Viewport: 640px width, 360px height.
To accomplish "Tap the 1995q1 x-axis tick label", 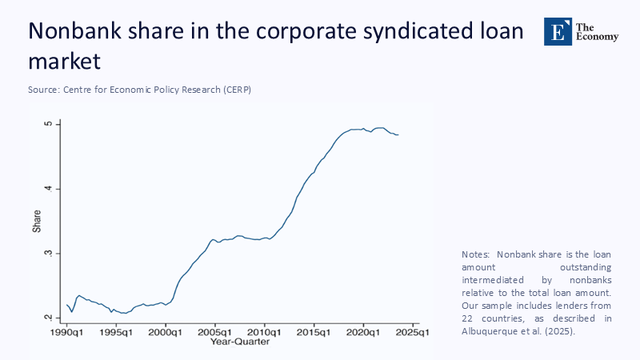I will [x=116, y=331].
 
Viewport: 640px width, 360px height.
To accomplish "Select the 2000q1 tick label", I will [x=166, y=331].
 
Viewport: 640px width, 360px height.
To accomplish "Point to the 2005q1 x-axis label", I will [x=215, y=331].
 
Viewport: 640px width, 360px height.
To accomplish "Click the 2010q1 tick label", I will [x=265, y=331].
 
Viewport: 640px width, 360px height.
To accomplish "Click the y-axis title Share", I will [x=37, y=222].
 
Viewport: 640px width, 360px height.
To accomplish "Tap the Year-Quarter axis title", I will [x=240, y=342].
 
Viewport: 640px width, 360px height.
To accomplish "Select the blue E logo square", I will [x=558, y=30].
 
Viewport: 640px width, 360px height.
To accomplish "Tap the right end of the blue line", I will [x=398, y=134].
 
